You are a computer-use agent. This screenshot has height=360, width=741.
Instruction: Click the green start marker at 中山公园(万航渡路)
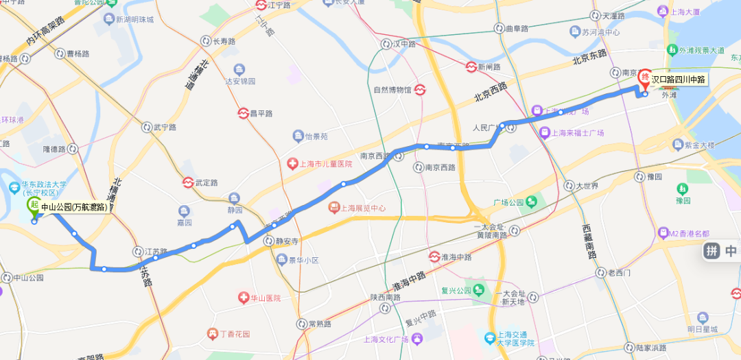click(32, 206)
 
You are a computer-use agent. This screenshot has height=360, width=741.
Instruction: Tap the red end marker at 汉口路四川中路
click(644, 79)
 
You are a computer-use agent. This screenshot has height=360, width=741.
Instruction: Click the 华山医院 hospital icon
click(243, 298)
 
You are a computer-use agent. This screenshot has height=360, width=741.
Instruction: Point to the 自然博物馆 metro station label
click(392, 90)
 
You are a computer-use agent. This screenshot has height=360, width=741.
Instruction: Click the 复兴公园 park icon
click(479, 289)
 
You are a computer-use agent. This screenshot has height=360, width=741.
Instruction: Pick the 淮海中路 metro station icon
click(434, 257)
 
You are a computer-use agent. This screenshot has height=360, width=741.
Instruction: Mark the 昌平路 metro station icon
click(243, 113)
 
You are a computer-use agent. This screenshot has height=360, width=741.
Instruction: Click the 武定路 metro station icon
click(187, 183)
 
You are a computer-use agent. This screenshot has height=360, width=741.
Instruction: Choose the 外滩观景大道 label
click(701, 51)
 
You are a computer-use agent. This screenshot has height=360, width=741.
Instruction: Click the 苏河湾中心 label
click(600, 32)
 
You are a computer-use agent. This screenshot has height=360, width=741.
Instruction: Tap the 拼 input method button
click(712, 252)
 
